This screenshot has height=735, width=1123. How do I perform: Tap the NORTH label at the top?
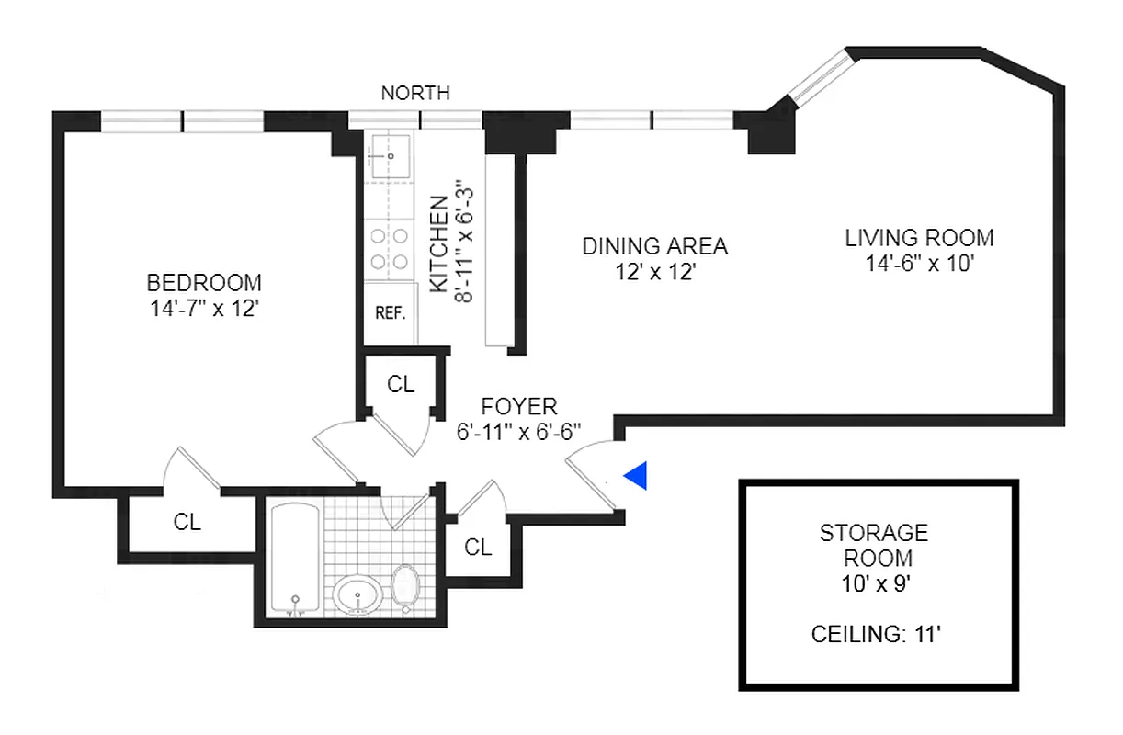415,93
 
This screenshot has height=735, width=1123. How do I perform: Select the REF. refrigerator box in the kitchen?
391,311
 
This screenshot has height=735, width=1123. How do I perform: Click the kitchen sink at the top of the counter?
389,156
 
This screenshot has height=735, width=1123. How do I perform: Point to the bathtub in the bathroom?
295,559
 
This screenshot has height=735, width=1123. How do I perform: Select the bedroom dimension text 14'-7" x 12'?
204,310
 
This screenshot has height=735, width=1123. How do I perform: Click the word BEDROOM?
204,283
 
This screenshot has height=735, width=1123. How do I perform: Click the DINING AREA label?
655,246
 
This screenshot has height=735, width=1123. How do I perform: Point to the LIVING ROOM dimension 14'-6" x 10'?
919,265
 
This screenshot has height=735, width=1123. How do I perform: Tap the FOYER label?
519,406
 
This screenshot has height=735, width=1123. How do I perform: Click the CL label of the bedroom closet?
187,522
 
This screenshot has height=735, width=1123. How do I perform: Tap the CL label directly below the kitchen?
401,384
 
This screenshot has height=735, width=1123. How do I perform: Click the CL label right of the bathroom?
477,548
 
